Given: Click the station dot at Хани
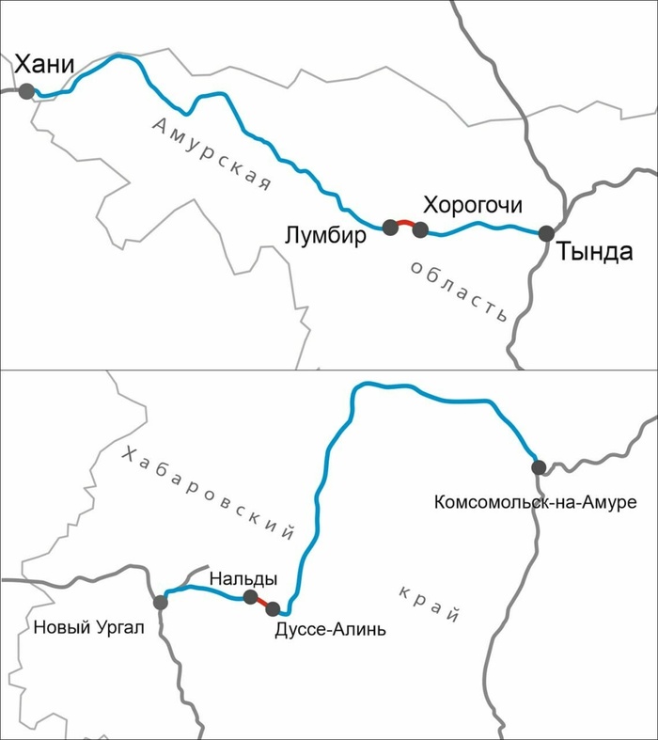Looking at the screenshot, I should click(26, 91).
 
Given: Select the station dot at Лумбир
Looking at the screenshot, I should click(390, 227).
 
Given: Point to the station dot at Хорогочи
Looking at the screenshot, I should click(420, 229).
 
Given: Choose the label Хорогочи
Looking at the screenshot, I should click(472, 205).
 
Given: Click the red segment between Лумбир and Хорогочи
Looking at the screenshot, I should click(405, 223).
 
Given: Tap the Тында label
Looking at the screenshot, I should click(589, 252).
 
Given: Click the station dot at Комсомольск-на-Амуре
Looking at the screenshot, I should click(538, 466).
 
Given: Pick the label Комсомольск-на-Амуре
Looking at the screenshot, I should click(536, 503).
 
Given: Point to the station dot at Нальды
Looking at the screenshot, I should click(250, 597).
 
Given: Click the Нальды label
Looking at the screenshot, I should click(243, 577).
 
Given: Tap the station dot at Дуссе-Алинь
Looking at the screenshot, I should click(274, 608).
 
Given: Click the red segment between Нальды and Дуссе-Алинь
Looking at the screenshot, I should click(261, 603).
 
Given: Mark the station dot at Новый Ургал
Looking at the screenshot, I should click(161, 602).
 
